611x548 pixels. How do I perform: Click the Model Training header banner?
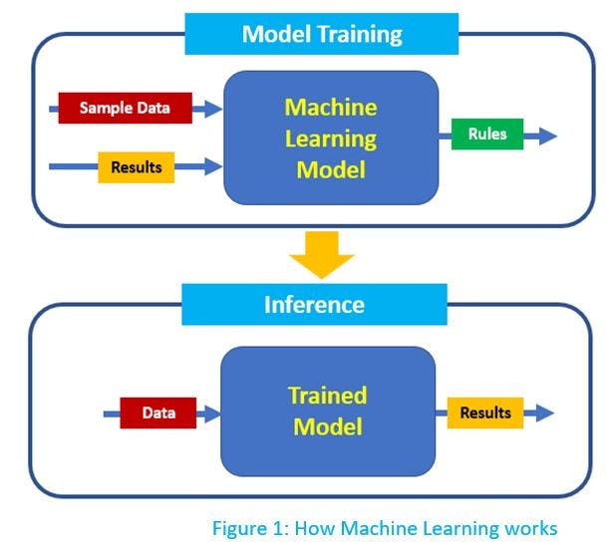coord(322,35)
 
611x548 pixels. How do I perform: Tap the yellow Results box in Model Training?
coord(136,167)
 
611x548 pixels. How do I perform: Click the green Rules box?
coord(486,135)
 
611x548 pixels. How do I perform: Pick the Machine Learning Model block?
coord(331,137)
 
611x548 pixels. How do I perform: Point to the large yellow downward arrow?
coord(321,258)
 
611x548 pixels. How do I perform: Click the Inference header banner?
coord(314,304)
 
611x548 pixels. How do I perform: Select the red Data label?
coord(157,412)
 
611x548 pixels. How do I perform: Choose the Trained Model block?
coord(327,411)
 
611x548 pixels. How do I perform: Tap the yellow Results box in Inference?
coord(484,412)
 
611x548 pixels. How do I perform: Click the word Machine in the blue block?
coord(331,107)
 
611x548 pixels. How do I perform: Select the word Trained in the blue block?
coord(327,396)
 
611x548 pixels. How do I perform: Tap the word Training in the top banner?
coord(354,35)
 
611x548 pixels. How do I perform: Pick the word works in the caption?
coord(530,528)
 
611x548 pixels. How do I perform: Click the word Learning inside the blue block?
coord(331,138)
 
